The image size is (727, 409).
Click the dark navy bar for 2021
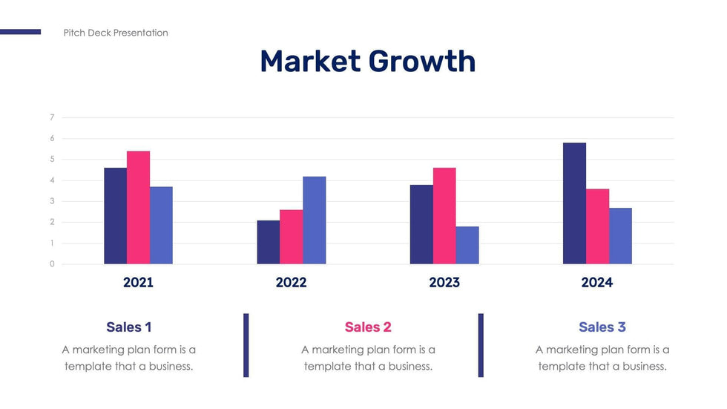coord(115,216)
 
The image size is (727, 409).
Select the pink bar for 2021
coord(138,208)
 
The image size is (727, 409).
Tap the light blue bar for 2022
coord(315,220)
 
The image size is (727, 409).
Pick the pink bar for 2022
coord(292,237)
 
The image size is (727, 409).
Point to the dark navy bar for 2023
coord(421,224)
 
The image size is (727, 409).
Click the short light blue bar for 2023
coord(467,246)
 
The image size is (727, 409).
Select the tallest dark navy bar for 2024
coord(574,203)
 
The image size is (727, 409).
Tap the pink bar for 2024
coord(597,226)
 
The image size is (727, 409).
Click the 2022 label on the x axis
coord(291,283)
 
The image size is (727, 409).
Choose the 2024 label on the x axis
coord(597,283)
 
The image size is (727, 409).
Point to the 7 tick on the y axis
coord(52,117)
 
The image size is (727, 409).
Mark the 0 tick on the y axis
coord(52,264)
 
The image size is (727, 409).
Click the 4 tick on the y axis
coord(52,180)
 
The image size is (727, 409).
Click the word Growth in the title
coord(422,62)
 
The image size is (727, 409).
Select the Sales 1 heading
coord(129,327)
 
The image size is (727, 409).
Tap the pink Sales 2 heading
coord(368,327)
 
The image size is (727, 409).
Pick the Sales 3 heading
coord(602,327)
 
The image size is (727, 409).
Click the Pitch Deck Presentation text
coord(116,33)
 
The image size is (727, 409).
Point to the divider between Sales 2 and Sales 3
coord(481,345)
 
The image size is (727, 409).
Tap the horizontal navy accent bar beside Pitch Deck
coord(20,32)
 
